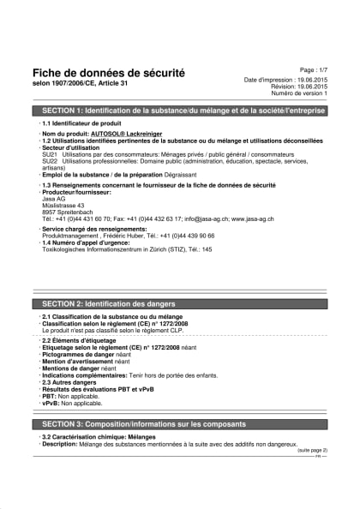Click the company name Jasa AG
(53, 200)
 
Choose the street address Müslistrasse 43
(63, 206)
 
